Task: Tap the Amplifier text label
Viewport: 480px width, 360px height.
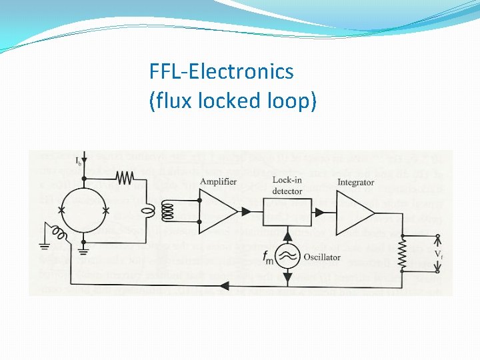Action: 217,182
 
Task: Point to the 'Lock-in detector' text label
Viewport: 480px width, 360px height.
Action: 287,186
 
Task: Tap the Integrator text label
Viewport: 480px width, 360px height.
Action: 355,182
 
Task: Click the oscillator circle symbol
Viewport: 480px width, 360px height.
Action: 287,257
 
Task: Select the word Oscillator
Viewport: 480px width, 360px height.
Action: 321,257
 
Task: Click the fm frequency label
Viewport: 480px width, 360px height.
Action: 267,256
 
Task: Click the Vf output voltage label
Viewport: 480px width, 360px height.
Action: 438,254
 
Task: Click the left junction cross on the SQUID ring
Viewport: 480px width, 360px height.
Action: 61,211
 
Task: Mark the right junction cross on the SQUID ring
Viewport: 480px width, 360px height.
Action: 106,211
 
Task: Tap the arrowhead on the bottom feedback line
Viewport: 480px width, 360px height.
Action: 225,286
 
